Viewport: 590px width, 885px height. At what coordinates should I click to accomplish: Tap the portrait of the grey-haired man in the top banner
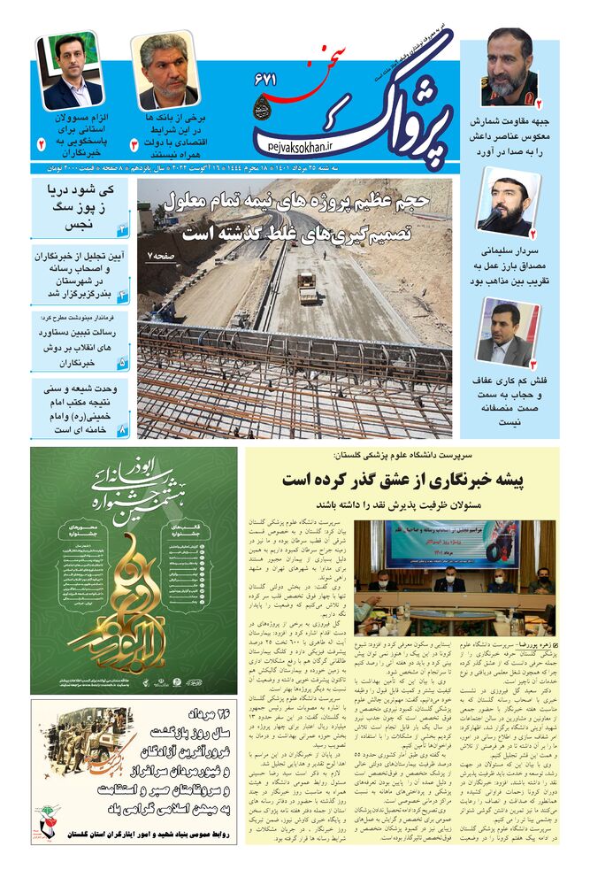(x=165, y=71)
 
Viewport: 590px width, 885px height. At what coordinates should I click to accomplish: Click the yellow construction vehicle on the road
(x=307, y=287)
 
